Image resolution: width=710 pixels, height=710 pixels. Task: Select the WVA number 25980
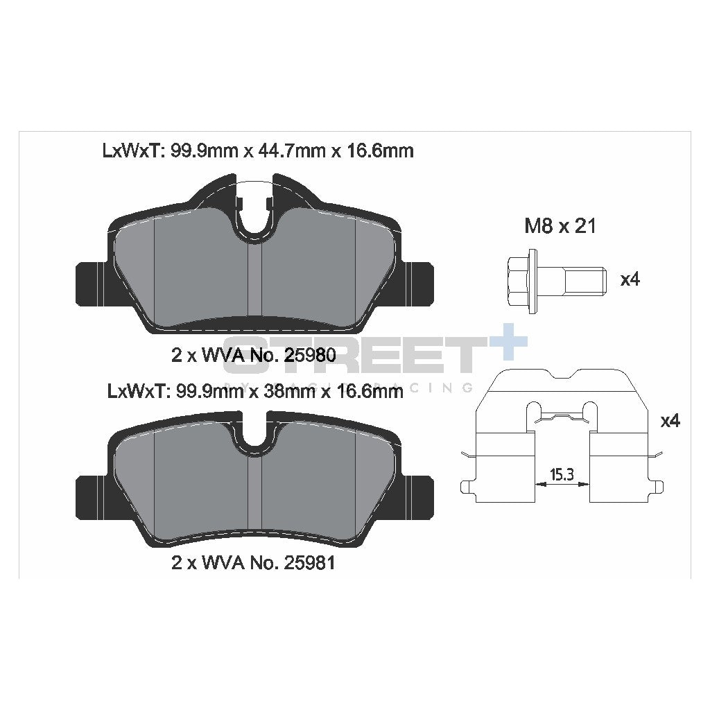(x=309, y=356)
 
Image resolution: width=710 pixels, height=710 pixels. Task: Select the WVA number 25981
(x=309, y=563)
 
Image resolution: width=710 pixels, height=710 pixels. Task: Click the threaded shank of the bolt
(x=582, y=281)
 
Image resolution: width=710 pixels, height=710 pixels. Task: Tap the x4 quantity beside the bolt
(x=630, y=280)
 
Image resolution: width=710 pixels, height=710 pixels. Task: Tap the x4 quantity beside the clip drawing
(x=669, y=421)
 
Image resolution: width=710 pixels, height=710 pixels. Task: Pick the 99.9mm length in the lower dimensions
(x=205, y=392)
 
